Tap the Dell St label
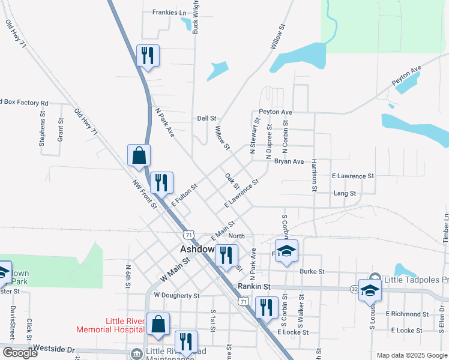206,119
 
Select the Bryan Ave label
289,161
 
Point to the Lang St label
345,193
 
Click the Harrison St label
314,176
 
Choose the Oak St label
232,180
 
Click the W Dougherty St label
176,295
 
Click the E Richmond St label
408,314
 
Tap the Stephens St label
42,132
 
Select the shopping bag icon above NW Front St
139,155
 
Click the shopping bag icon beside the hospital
157,323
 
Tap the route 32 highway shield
355,289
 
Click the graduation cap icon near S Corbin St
287,250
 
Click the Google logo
20,353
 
